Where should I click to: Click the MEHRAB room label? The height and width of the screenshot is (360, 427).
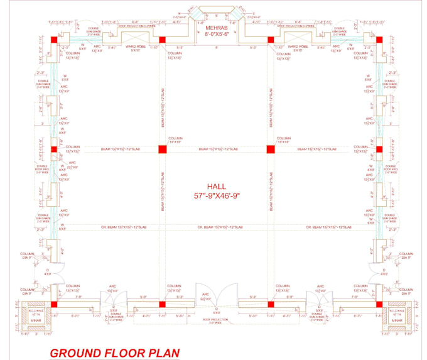(215, 29)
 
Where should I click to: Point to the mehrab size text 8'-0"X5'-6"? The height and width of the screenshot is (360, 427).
(215, 36)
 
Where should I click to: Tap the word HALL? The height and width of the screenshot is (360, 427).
(215, 187)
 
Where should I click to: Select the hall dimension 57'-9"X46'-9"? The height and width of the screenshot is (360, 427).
(215, 196)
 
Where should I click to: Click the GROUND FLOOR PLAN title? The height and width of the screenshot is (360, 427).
(115, 352)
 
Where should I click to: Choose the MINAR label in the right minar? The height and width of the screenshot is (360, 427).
(397, 320)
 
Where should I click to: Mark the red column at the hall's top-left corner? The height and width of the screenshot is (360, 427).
(55, 40)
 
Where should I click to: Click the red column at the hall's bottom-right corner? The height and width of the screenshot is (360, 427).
(379, 304)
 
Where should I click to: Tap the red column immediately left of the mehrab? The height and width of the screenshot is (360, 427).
(162, 40)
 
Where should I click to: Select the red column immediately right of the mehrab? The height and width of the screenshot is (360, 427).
(271, 40)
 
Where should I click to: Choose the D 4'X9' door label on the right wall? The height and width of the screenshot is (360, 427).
(384, 272)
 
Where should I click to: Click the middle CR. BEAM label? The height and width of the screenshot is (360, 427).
(216, 227)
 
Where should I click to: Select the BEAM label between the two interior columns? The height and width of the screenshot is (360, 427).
(216, 149)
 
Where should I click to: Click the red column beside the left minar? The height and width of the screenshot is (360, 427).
(55, 304)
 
